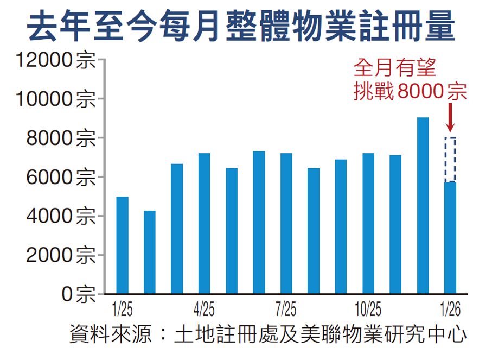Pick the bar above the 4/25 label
204,223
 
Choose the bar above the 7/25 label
286,223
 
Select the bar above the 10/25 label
368,223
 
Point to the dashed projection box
450,160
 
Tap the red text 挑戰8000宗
409,91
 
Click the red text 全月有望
394,69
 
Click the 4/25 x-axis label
204,311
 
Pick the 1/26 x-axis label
450,311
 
